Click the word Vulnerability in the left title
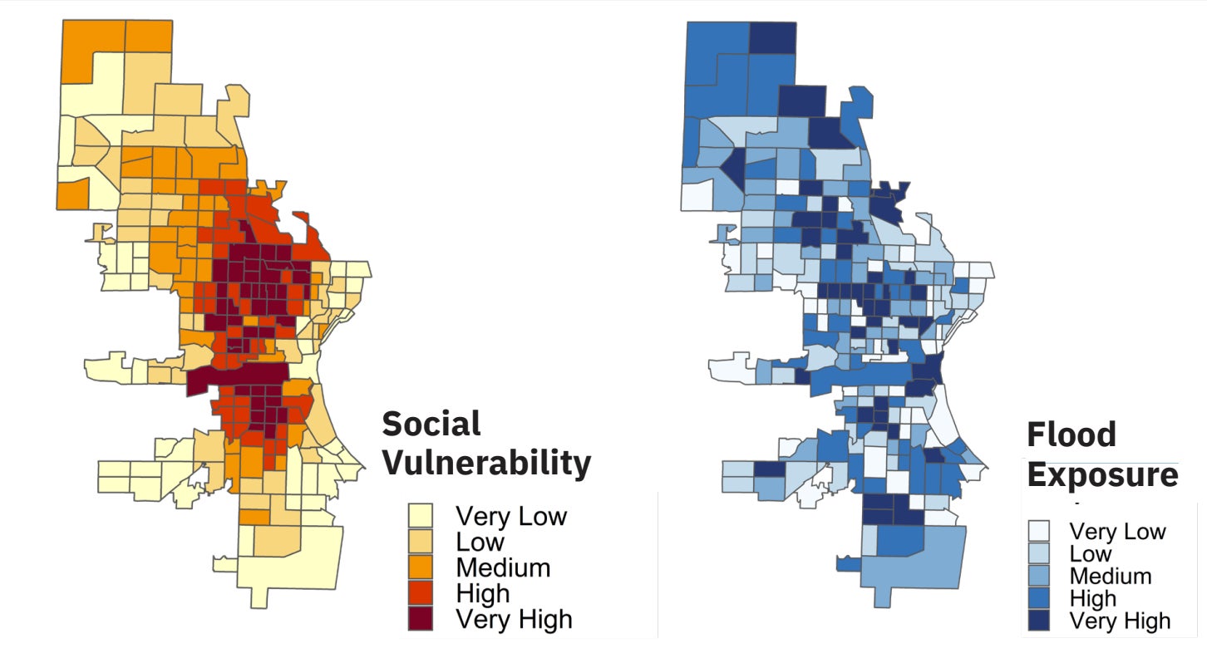(486, 462)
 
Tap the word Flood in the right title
(1071, 435)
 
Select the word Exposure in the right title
(1102, 475)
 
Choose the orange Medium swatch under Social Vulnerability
(421, 568)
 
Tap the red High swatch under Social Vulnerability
(421, 594)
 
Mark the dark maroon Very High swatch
(421, 619)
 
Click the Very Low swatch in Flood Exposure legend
(1038, 532)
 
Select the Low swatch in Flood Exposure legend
(1038, 554)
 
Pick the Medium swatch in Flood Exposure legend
(1038, 577)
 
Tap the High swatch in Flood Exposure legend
(1038, 599)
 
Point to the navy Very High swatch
(1038, 621)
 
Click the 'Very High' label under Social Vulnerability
(514, 619)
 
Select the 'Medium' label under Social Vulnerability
(503, 568)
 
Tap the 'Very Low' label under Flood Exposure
(1117, 532)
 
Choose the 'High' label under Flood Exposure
(1093, 599)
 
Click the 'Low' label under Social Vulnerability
(480, 543)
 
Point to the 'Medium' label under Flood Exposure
(1111, 577)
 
